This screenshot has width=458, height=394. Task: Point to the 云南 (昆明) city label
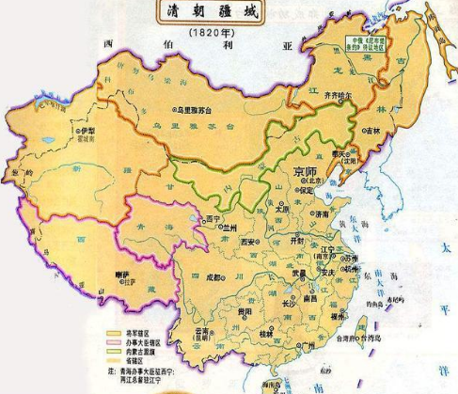pyautogui.click(x=200, y=332)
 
